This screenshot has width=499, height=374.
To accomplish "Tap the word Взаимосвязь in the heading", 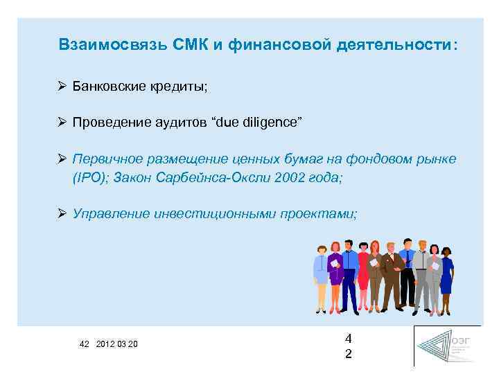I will tap(111, 45).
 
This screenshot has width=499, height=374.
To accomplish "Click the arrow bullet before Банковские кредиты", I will tap(62, 87).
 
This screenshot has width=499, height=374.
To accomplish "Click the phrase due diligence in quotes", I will tap(259, 123).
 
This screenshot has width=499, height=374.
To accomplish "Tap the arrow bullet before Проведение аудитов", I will tap(62, 123).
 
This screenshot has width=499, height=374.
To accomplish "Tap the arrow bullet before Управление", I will tap(62, 213).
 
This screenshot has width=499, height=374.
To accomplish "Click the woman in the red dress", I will tap(362, 274).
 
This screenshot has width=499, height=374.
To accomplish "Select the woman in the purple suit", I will tap(335, 274).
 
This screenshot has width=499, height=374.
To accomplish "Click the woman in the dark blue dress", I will tap(446, 274).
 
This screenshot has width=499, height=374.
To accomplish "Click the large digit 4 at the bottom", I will tap(349, 339).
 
